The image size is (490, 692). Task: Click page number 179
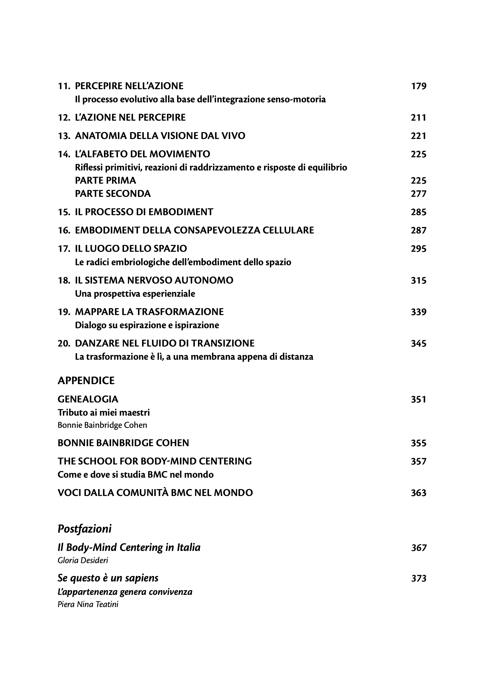418,86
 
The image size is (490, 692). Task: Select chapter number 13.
64,136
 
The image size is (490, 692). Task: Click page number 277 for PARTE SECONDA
418,193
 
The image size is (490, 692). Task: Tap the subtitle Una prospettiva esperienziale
135,294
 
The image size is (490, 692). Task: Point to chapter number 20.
64,343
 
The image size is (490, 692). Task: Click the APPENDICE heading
86,381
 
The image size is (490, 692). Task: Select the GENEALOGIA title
88,399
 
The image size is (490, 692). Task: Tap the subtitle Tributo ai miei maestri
104,413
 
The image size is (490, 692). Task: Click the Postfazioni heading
84,529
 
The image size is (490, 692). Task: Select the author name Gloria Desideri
83,560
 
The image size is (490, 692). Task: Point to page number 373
418,578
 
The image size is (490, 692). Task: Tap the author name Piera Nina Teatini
88,605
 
